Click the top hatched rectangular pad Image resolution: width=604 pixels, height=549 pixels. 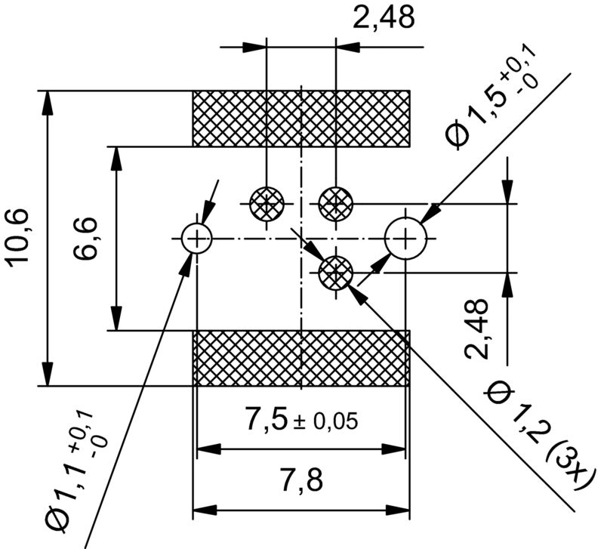click(x=301, y=119)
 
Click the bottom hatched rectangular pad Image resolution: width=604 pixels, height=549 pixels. click(x=301, y=358)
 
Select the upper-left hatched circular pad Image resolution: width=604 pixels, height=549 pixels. click(x=267, y=203)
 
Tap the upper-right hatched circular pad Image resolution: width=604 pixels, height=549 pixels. click(x=335, y=203)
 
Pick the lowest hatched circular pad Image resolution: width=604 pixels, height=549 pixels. click(x=335, y=272)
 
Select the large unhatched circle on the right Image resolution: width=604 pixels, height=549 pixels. click(x=405, y=238)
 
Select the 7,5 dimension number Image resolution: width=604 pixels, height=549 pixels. click(x=267, y=419)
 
